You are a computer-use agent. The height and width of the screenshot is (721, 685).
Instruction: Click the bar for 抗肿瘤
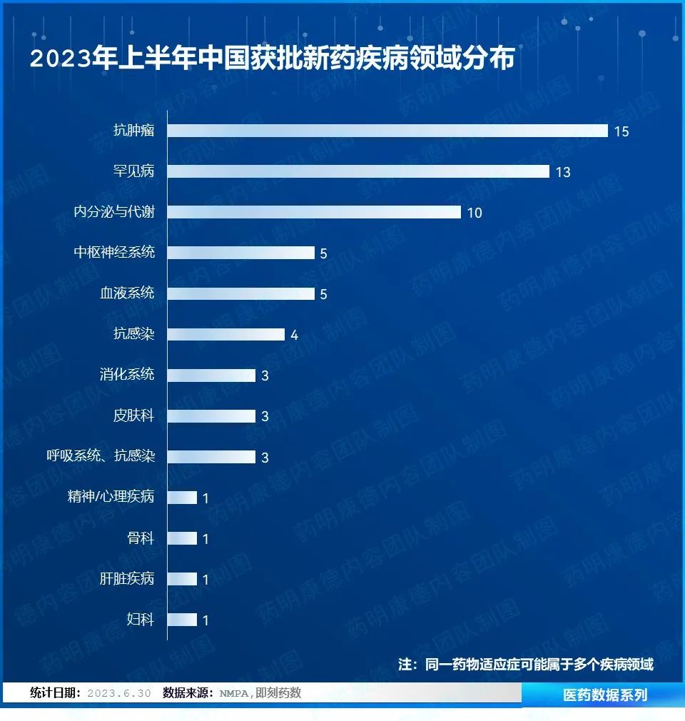(387, 131)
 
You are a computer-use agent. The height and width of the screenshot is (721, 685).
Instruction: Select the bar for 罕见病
(358, 171)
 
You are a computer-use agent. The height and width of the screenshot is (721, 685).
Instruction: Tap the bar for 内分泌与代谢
(314, 212)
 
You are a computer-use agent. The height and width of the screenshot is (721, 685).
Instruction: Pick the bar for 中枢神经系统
(241, 253)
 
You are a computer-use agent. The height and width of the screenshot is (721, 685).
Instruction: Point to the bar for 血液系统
(241, 293)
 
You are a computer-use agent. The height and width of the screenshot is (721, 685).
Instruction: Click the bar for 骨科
(182, 538)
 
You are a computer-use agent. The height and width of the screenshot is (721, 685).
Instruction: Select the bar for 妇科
(182, 620)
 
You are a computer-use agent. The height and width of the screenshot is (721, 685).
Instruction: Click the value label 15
(621, 131)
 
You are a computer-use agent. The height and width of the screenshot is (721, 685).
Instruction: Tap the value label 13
(563, 172)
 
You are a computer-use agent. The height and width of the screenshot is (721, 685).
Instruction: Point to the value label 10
(475, 213)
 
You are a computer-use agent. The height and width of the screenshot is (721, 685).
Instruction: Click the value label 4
(294, 335)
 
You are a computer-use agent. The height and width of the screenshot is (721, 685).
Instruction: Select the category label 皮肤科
(133, 415)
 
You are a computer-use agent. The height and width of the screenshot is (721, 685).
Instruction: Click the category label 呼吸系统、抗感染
(101, 456)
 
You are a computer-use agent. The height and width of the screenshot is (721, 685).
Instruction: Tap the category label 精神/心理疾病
(111, 497)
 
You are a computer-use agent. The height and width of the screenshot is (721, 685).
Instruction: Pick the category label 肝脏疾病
(127, 578)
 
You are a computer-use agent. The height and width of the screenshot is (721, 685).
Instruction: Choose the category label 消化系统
(127, 374)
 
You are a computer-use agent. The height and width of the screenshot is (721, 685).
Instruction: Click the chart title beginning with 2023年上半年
(272, 59)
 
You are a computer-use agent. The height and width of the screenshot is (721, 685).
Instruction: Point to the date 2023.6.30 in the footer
(118, 693)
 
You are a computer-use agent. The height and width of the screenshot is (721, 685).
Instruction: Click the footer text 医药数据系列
(605, 695)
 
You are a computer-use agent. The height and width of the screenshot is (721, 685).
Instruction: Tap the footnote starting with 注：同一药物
(525, 664)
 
